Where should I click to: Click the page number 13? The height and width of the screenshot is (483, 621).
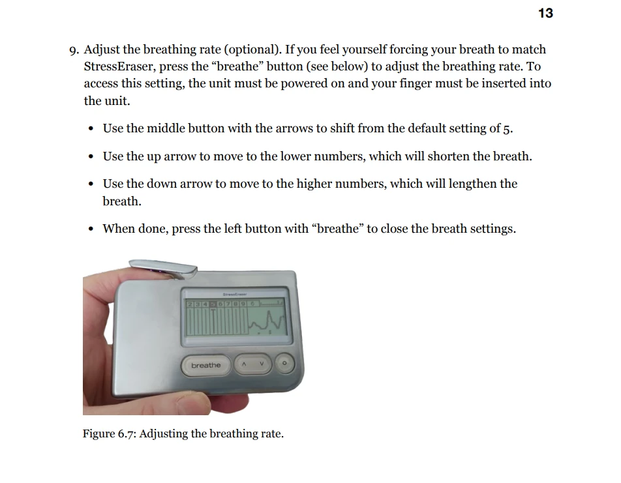545,13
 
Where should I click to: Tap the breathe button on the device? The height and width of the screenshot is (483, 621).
205,365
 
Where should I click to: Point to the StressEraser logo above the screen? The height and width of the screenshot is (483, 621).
235,293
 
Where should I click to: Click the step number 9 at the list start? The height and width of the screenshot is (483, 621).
74,50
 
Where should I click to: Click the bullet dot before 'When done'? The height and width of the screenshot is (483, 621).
90,229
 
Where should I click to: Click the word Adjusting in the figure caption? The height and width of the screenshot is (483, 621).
164,434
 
